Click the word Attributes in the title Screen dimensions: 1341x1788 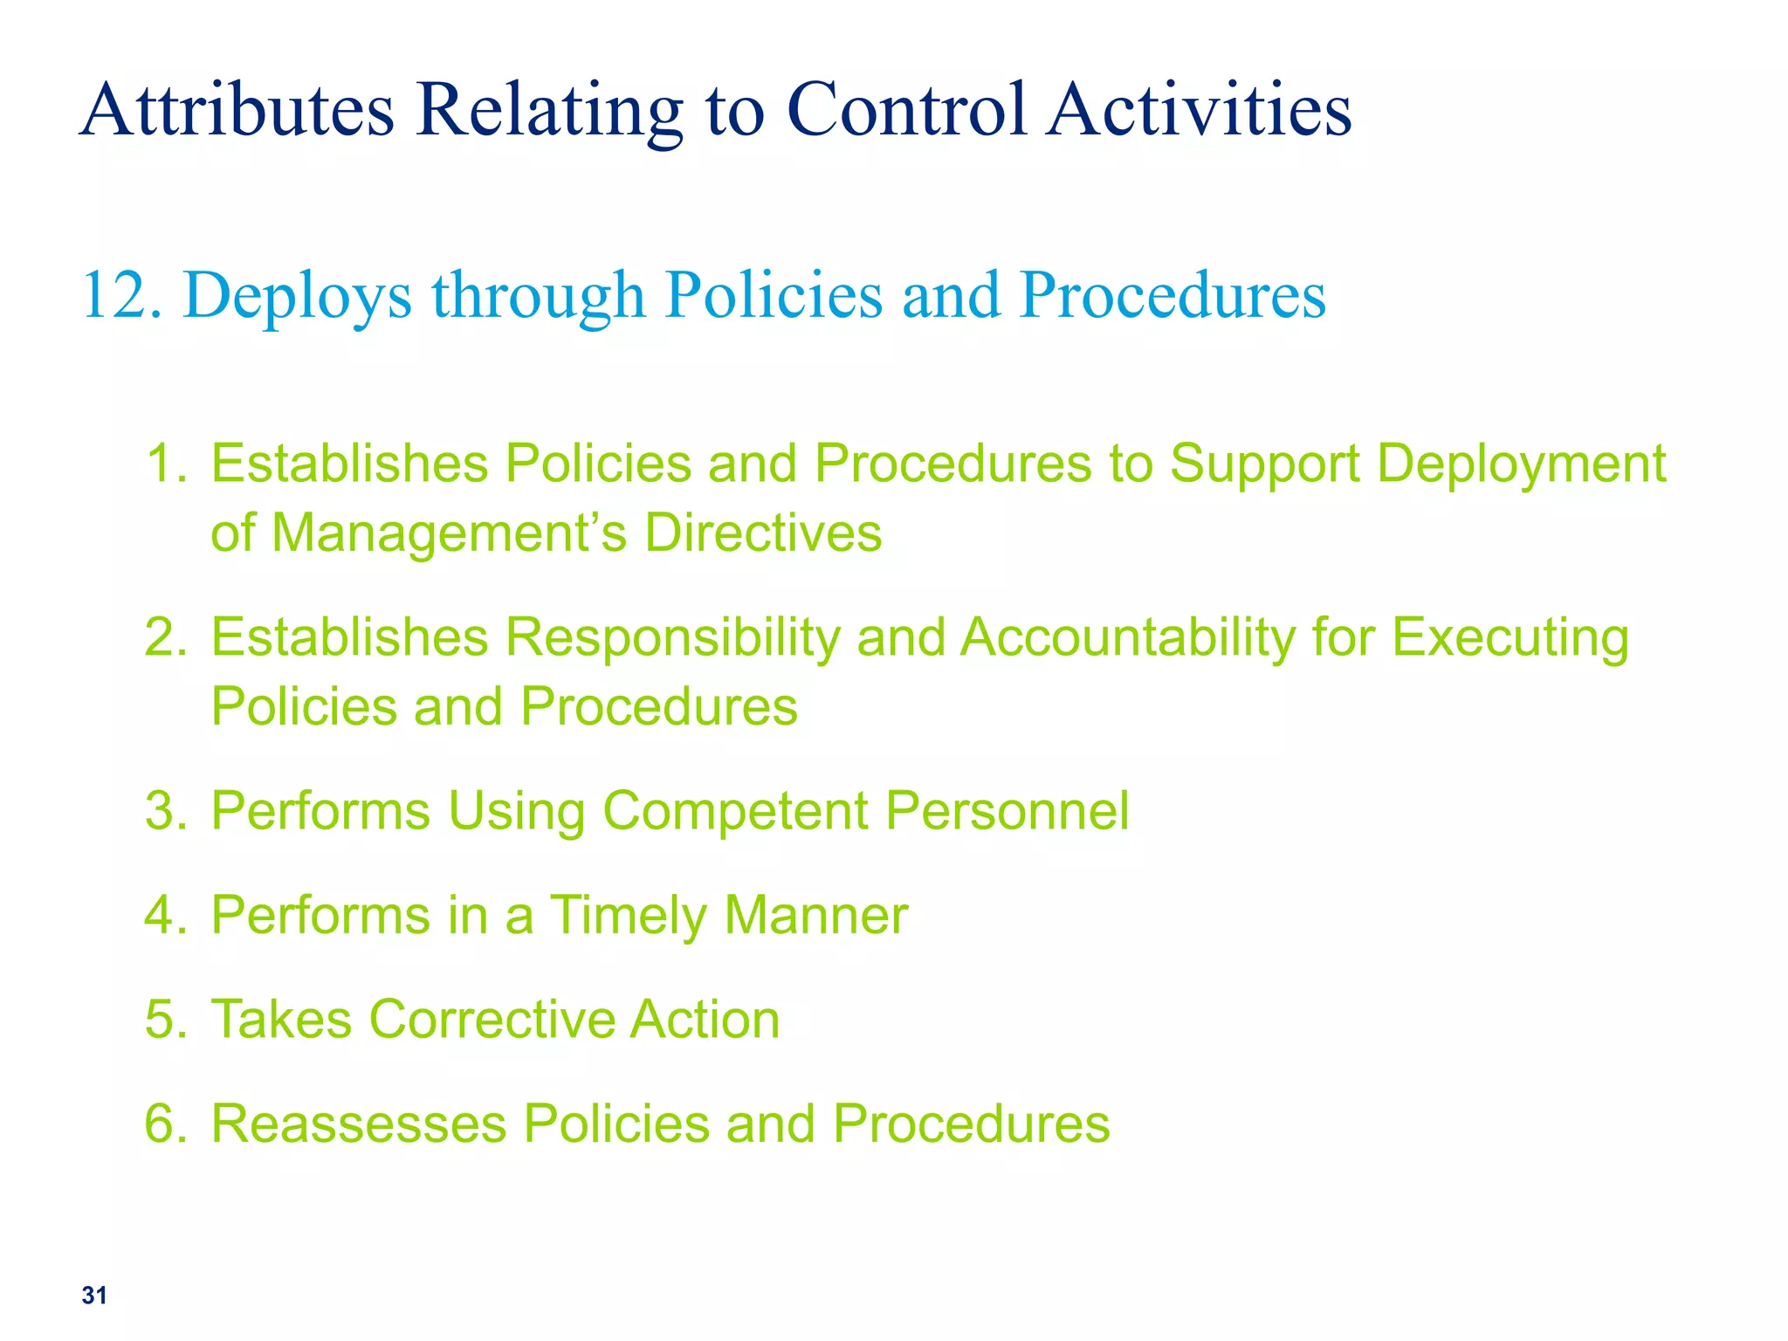point(237,110)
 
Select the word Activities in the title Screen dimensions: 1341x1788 point(1200,110)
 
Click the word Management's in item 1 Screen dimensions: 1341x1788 point(450,533)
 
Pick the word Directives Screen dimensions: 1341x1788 point(763,533)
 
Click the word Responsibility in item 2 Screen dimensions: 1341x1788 point(672,638)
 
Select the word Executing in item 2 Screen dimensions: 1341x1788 point(1510,638)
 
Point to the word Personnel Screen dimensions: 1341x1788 point(1007,810)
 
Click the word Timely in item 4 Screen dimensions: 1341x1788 point(629,917)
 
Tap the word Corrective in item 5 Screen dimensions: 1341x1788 point(491,1020)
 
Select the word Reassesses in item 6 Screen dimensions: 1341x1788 point(359,1124)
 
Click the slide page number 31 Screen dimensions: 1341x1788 point(94,1296)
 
